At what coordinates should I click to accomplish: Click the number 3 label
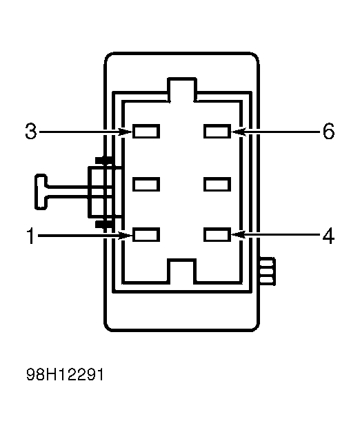coord(30,131)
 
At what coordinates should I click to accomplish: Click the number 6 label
coord(328,131)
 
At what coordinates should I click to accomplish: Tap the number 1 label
coord(30,236)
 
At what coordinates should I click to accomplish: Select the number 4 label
coord(328,236)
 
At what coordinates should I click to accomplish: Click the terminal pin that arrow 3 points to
coord(146,131)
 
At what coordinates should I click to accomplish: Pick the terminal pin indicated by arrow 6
coord(217,131)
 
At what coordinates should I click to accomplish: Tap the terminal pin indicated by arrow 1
coord(146,236)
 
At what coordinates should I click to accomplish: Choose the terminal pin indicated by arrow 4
coord(217,236)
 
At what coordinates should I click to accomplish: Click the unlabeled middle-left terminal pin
coord(146,184)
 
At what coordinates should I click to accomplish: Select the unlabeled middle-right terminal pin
coord(217,184)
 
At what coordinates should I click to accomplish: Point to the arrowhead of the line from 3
coord(128,131)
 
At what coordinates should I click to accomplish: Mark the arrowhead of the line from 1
coord(128,236)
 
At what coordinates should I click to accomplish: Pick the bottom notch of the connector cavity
coord(182,271)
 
